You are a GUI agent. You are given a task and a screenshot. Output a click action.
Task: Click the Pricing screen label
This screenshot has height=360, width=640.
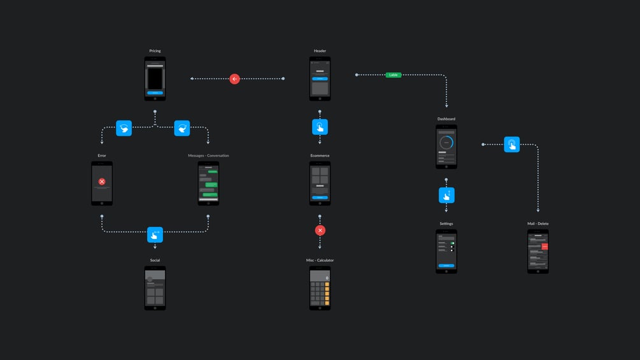pyautogui.click(x=155, y=51)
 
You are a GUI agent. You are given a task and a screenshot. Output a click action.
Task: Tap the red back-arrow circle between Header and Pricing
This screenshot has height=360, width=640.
pyautogui.click(x=234, y=79)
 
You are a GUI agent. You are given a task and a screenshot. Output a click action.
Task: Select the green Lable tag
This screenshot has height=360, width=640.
pyautogui.click(x=394, y=75)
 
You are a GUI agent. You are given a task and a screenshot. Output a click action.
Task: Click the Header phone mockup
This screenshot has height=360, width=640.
pyautogui.click(x=320, y=78)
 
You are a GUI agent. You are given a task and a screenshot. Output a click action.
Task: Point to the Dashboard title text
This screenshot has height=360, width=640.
pyautogui.click(x=446, y=119)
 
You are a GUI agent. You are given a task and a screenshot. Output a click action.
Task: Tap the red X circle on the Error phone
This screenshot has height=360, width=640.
pyautogui.click(x=102, y=182)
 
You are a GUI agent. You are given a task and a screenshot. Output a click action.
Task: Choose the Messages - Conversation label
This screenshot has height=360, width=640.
pyautogui.click(x=208, y=155)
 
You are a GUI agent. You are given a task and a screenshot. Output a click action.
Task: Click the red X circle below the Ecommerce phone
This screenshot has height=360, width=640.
pyautogui.click(x=320, y=230)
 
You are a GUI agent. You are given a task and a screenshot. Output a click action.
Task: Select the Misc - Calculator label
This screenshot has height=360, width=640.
pyautogui.click(x=320, y=261)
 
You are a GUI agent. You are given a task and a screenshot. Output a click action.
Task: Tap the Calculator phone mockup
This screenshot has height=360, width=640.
pyautogui.click(x=320, y=288)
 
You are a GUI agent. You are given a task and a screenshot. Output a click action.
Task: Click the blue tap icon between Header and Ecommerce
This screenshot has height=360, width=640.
pyautogui.click(x=320, y=127)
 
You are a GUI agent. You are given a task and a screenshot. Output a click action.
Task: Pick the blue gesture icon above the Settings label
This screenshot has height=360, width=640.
pyautogui.click(x=446, y=195)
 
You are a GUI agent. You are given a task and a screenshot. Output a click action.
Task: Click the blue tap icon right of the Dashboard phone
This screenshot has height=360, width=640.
pyautogui.click(x=511, y=145)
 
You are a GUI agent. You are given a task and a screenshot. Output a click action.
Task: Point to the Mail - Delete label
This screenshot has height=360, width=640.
pyautogui.click(x=537, y=224)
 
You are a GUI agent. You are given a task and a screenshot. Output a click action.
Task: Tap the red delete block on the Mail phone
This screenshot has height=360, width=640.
pyautogui.click(x=544, y=246)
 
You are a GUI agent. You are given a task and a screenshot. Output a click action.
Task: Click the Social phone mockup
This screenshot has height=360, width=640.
pyautogui.click(x=155, y=288)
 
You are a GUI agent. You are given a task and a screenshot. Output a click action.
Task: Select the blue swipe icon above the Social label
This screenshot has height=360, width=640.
pyautogui.click(x=155, y=235)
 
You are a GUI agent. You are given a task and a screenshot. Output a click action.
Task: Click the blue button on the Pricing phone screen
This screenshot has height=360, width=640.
pyautogui.click(x=155, y=92)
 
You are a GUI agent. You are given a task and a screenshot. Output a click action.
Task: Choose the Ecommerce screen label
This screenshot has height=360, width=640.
pyautogui.click(x=320, y=155)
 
